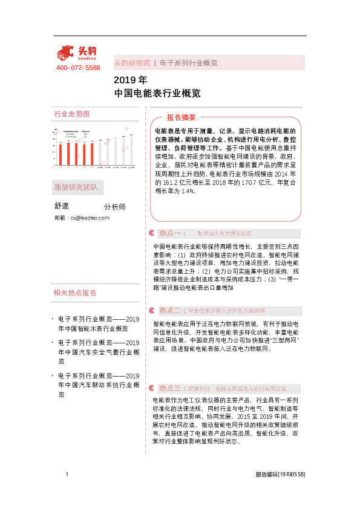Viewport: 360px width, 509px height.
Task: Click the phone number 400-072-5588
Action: click(77, 68)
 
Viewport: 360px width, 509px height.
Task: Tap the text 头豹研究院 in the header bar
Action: click(132, 63)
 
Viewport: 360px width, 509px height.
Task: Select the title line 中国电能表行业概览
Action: click(157, 94)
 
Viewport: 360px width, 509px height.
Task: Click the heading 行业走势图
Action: click(71, 114)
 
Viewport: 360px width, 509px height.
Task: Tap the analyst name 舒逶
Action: click(63, 206)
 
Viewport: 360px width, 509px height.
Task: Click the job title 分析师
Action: click(115, 207)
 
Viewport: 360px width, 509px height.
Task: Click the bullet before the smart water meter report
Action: click(53, 319)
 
